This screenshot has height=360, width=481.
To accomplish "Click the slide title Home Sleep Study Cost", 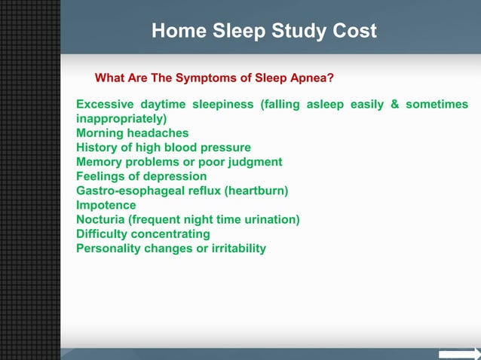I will [264, 32].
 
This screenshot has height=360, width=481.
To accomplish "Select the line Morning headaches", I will [133, 133].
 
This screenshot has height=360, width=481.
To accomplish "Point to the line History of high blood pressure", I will [164, 148].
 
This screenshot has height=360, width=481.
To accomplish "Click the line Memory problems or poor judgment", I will [179, 162].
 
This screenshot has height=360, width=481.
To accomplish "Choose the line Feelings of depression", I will [141, 176].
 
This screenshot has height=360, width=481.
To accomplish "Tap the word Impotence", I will [106, 205].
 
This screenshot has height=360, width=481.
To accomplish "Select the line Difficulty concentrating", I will [143, 233].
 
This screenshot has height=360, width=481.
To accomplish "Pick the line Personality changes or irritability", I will [171, 248].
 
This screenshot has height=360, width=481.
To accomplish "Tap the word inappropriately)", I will [122, 119].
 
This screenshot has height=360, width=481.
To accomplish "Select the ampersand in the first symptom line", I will [394, 105].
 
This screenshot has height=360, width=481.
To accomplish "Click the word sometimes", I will [437, 105].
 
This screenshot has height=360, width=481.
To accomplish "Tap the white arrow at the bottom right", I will [460, 353].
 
